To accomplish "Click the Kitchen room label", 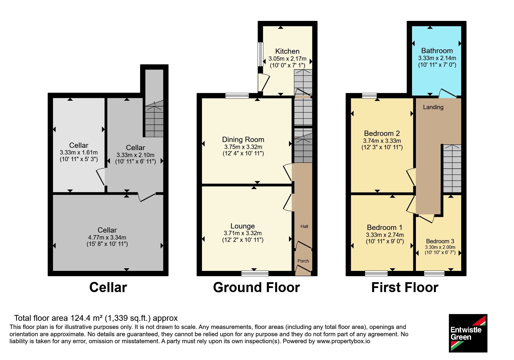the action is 287,51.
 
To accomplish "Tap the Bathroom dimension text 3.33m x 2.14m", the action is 437,58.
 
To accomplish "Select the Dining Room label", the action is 243,140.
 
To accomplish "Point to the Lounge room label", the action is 243,226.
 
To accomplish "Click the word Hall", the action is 304,226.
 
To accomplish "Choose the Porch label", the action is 303,261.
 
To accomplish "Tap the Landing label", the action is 433,107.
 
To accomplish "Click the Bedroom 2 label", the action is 382,134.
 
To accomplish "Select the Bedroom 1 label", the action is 385,228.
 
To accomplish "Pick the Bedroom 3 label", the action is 440,241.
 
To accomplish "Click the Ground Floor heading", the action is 256,287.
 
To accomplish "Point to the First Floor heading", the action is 405,287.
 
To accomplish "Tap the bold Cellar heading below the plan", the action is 108,287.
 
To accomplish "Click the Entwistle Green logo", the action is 468,333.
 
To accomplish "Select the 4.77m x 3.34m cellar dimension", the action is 107,237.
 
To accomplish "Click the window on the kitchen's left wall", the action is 261,54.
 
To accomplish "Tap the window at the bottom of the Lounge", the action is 255,273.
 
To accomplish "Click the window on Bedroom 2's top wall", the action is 369,96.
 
